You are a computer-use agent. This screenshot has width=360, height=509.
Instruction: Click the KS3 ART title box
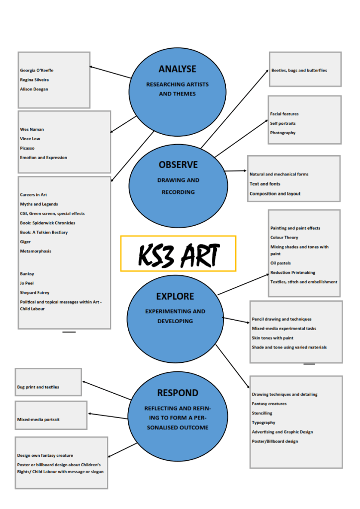(178, 254)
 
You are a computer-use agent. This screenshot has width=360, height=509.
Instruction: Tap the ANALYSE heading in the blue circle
(178, 69)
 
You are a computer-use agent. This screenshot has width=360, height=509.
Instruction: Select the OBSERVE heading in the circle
(178, 165)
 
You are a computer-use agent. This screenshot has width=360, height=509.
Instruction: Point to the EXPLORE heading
(175, 296)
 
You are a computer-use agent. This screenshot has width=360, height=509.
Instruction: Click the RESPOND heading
(178, 393)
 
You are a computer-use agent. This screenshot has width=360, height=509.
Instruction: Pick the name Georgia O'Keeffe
(37, 71)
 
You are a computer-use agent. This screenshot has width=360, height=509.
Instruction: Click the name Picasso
(27, 148)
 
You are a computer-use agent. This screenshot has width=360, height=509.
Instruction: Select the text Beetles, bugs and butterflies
(299, 71)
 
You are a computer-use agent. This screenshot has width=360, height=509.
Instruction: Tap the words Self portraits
(283, 123)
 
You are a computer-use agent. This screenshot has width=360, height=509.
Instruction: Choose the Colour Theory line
(284, 238)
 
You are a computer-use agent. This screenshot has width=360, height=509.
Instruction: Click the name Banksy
(27, 274)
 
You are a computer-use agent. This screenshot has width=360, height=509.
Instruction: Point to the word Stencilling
(262, 413)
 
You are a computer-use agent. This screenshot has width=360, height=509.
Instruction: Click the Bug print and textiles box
(48, 382)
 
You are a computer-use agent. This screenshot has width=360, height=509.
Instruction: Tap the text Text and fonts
(265, 184)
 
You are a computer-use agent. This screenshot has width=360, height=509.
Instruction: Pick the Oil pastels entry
(281, 263)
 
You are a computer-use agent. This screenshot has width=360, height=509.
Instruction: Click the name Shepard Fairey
(35, 293)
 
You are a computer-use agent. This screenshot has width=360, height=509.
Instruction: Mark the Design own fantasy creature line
(45, 455)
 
